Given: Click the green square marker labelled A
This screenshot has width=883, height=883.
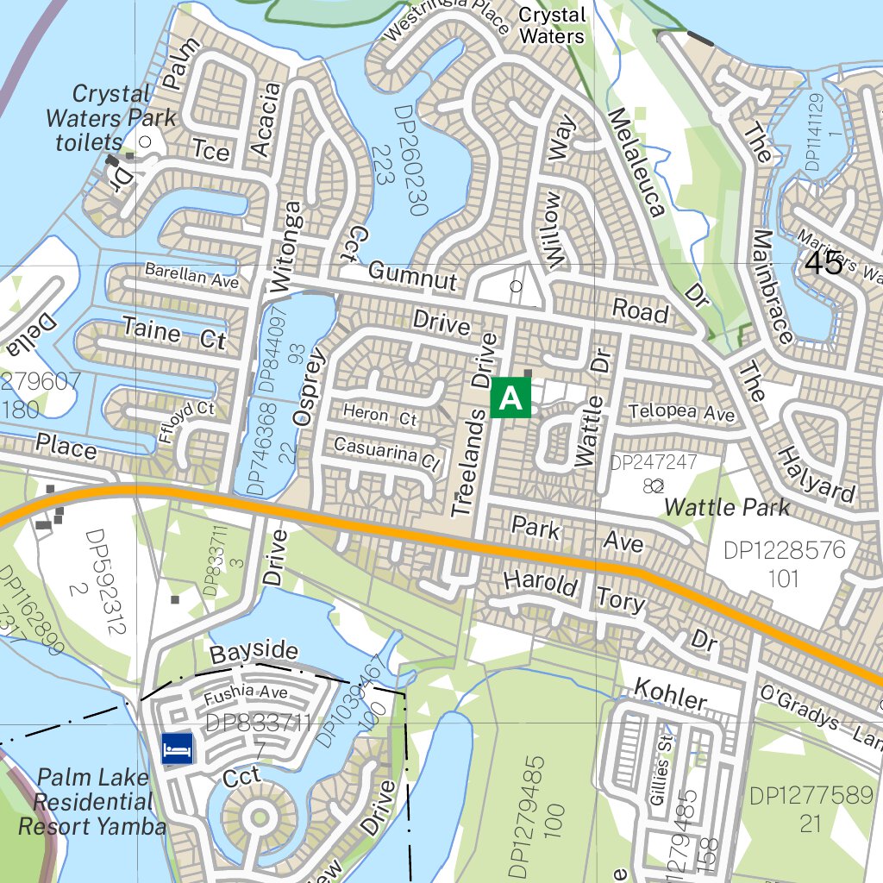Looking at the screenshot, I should (510, 398).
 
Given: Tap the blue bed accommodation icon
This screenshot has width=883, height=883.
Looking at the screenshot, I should (178, 747).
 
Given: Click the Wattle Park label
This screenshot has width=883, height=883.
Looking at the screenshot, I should (727, 507).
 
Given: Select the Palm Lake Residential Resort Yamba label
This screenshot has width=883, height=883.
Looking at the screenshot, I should (92, 802).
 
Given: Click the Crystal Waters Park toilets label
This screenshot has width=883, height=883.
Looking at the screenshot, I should (110, 117).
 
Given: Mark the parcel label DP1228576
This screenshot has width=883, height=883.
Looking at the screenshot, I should (785, 550).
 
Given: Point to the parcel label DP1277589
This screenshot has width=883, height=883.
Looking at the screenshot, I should (811, 795).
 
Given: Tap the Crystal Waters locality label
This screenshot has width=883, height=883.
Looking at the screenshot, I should (552, 26).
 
